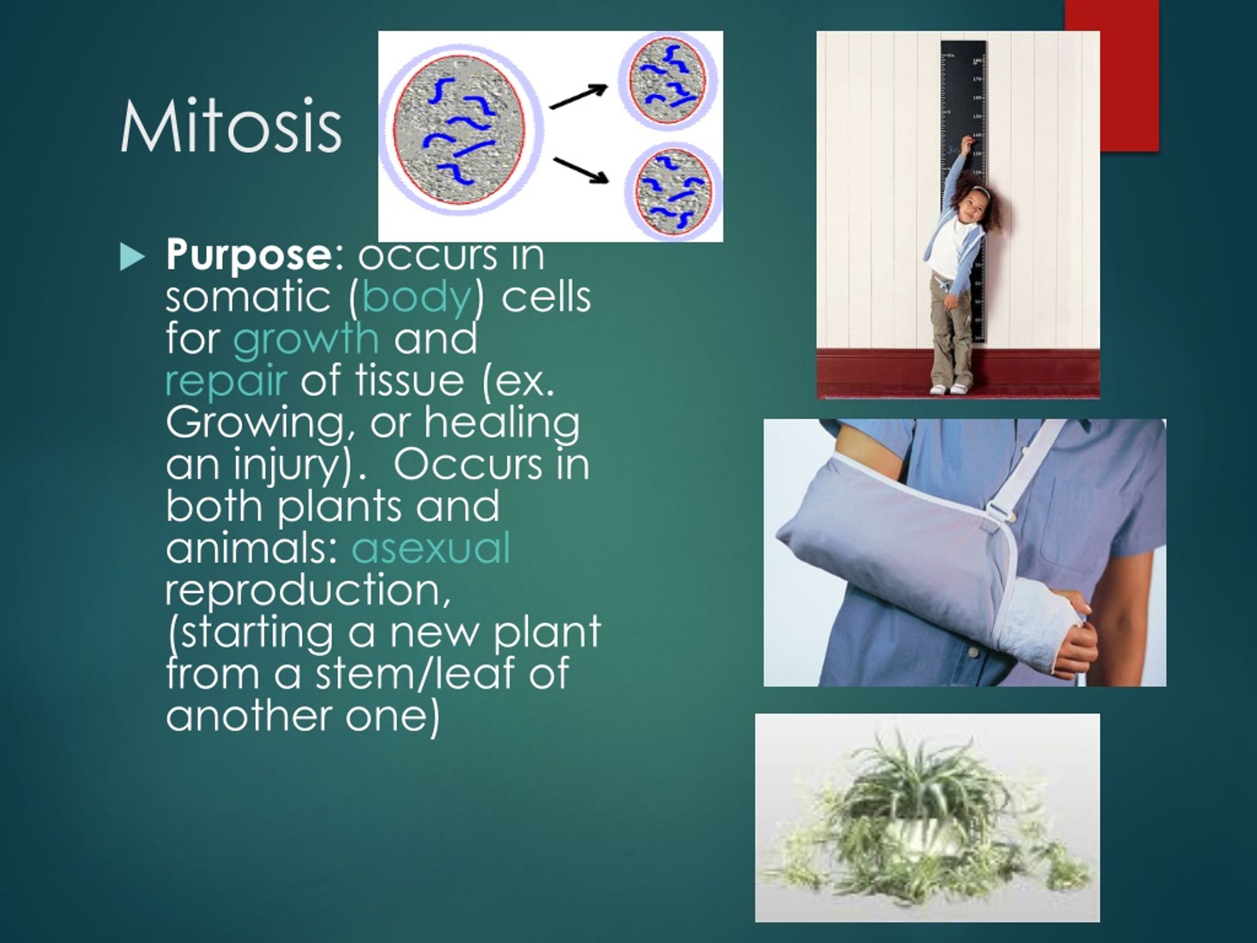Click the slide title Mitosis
pos(231,126)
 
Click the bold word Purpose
pos(249,256)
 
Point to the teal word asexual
pos(431,548)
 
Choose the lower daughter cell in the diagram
pos(673,191)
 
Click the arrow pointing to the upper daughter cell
pos(578,96)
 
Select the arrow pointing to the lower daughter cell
pos(580,169)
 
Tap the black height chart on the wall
pos(964,191)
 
